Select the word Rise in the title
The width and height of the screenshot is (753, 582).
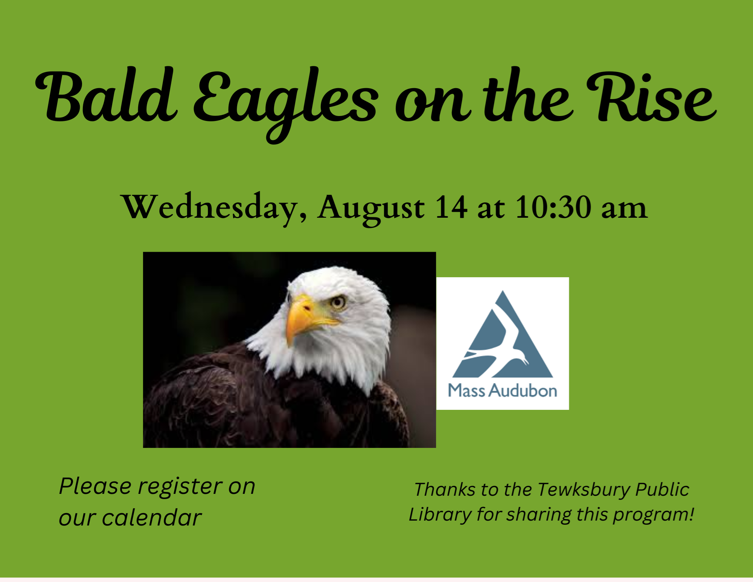[x=652, y=97]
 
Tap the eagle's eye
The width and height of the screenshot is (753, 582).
[x=338, y=302]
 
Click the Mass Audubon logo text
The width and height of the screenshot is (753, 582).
[x=503, y=391]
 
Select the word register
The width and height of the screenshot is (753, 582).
[x=180, y=487]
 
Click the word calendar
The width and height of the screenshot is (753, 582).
[x=152, y=518]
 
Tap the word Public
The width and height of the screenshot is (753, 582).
[x=662, y=490]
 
